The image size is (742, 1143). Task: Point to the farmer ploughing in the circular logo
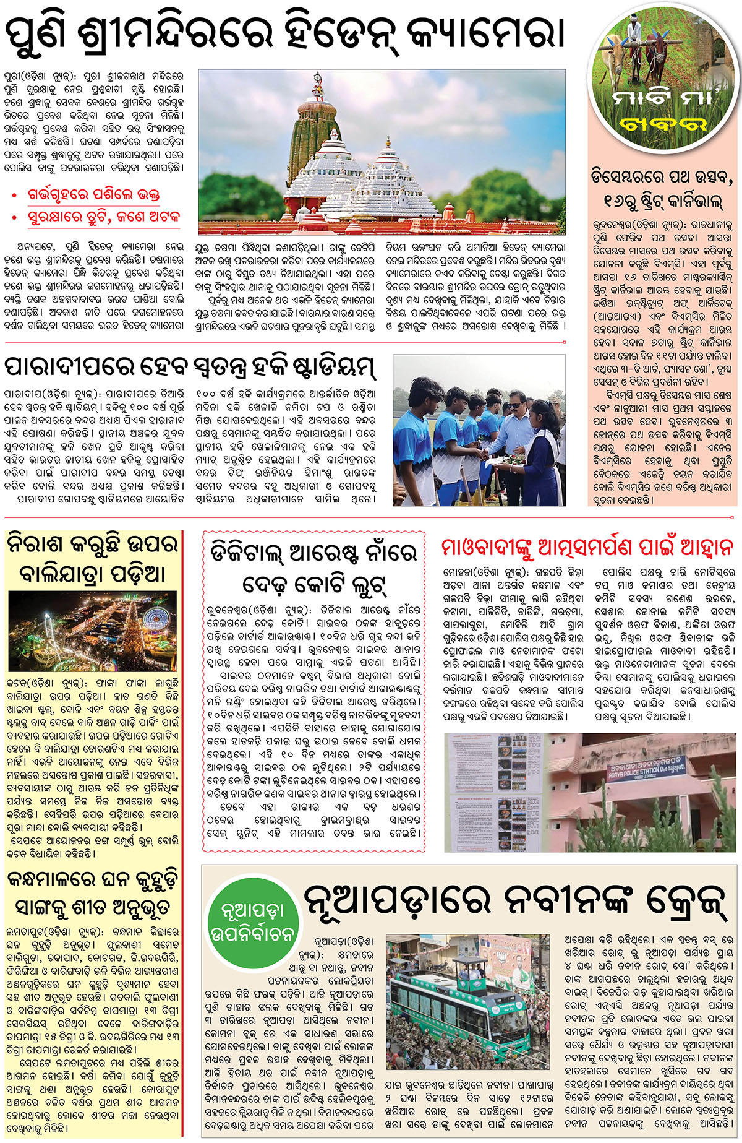634,37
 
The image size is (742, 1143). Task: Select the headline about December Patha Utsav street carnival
662,188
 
